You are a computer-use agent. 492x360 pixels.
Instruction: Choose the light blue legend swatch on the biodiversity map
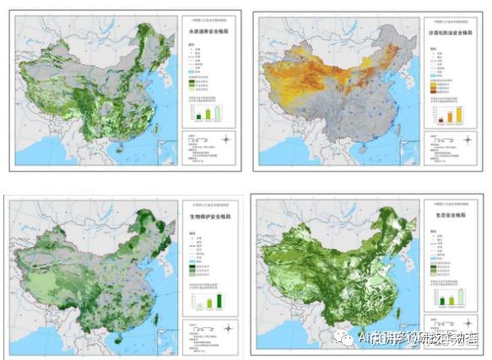[191, 261]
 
